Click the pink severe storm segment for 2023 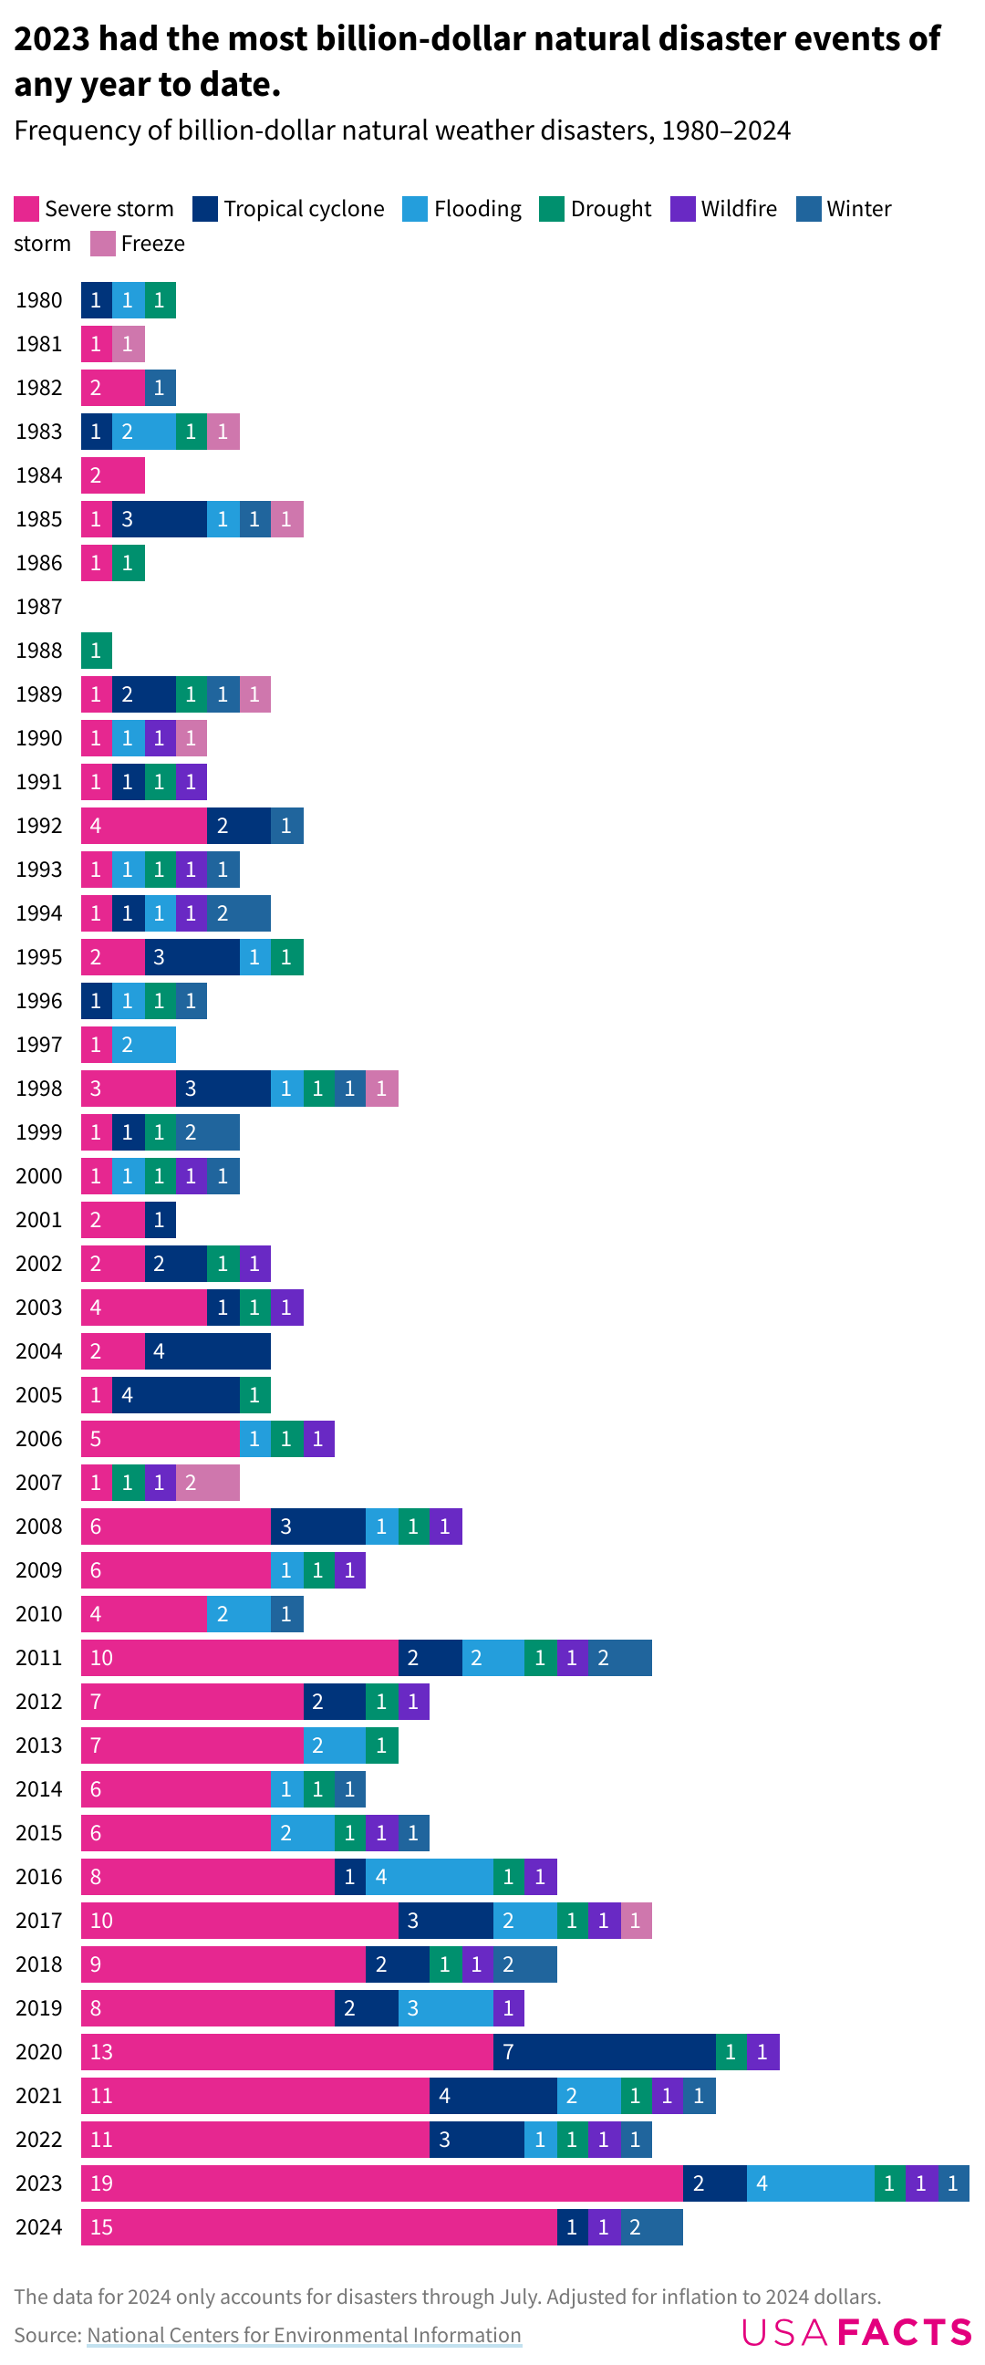pyautogui.click(x=381, y=2183)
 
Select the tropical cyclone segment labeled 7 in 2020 pyautogui.click(x=604, y=2051)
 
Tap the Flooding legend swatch pyautogui.click(x=415, y=209)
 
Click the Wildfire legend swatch pyautogui.click(x=682, y=209)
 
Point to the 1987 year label pyautogui.click(x=38, y=607)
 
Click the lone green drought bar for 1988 pyautogui.click(x=97, y=650)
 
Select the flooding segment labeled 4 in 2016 pyautogui.click(x=429, y=1876)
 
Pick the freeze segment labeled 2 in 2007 pyautogui.click(x=207, y=1482)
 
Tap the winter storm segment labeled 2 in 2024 pyautogui.click(x=652, y=2226)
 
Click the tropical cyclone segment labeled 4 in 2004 pyautogui.click(x=207, y=1350)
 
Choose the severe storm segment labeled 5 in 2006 pyautogui.click(x=160, y=1438)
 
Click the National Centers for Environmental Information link pyautogui.click(x=304, y=2334)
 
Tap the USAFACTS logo pyautogui.click(x=855, y=2331)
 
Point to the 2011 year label pyautogui.click(x=38, y=1657)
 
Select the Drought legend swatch pyautogui.click(x=551, y=209)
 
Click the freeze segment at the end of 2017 pyautogui.click(x=637, y=1920)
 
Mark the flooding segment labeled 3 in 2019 pyautogui.click(x=445, y=2007)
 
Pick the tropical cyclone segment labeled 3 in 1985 pyautogui.click(x=160, y=519)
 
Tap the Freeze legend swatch pyautogui.click(x=103, y=244)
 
